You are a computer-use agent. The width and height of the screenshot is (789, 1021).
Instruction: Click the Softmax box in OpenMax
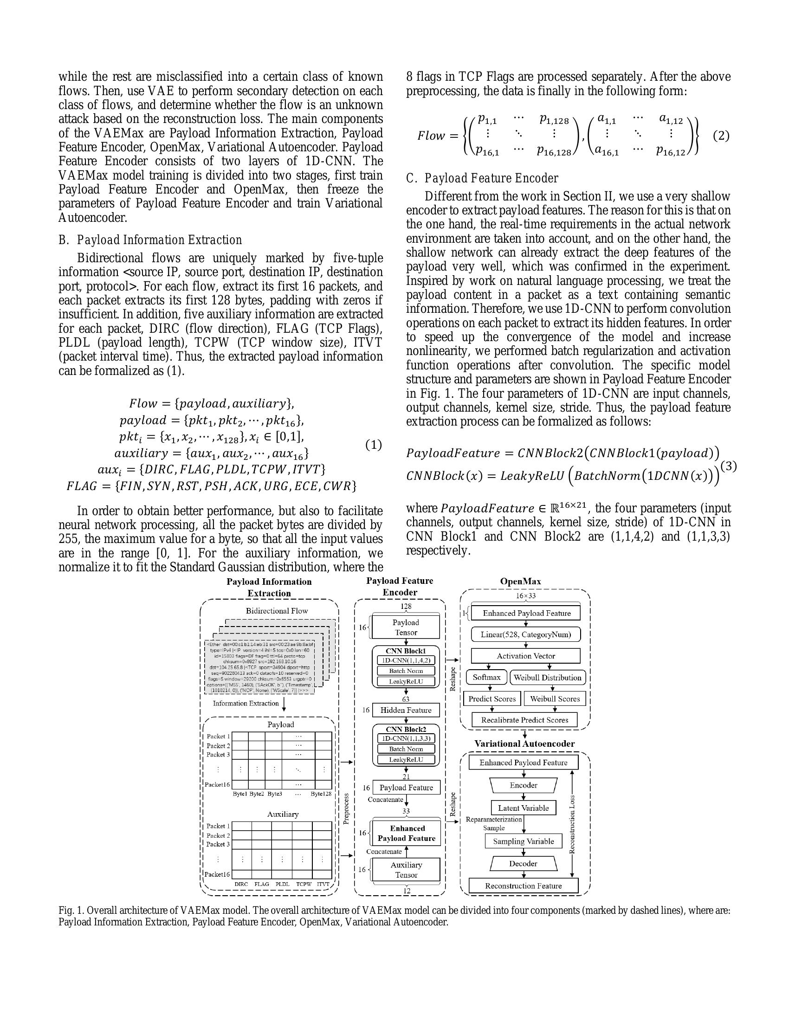486,677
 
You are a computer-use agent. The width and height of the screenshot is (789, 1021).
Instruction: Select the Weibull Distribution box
547,678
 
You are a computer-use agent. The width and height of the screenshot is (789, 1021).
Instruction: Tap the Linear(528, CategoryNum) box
525,634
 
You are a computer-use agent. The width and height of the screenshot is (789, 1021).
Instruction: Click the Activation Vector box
525,656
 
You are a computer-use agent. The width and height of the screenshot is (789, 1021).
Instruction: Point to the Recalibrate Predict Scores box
524,720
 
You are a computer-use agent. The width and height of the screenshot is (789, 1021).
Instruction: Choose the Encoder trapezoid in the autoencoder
523,785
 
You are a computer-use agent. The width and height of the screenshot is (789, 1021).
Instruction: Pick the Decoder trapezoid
523,864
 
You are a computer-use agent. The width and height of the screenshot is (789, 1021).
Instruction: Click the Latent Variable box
523,808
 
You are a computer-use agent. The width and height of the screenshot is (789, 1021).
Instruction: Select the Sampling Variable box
523,841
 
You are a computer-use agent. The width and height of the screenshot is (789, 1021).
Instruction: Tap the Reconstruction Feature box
523,885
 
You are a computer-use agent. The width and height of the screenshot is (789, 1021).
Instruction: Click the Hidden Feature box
405,710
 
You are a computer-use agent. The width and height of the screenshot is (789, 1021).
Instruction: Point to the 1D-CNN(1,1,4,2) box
406,660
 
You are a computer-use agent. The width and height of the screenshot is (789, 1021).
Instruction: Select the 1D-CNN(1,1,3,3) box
406,738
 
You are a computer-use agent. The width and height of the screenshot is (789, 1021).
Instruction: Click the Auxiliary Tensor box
406,870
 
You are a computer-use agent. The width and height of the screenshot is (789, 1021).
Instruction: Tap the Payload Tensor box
406,627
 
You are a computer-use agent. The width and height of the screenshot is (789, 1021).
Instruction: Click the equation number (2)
721,136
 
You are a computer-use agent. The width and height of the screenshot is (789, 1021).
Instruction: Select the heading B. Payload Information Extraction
150,240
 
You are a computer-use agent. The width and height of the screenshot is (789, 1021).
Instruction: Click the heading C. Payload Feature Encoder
482,179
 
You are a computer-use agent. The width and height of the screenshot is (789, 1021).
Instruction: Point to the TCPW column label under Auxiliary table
304,884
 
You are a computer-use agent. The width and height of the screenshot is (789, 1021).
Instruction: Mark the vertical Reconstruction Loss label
572,825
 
